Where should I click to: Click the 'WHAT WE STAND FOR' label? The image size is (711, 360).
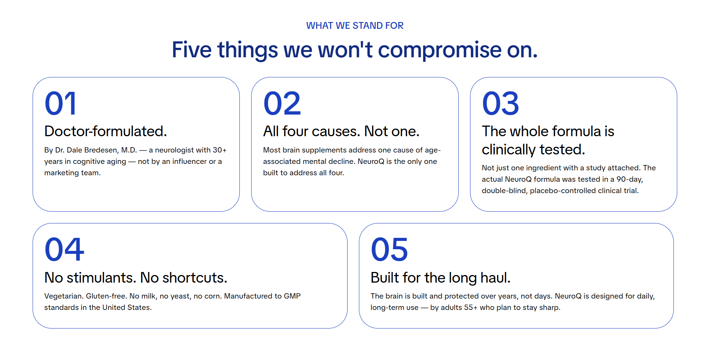click(x=355, y=25)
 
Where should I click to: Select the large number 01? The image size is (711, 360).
click(x=61, y=103)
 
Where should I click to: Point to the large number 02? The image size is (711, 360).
click(x=282, y=103)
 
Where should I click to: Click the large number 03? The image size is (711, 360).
click(x=500, y=103)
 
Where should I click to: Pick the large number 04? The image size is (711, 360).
click(x=64, y=249)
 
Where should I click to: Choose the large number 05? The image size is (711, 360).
click(x=389, y=249)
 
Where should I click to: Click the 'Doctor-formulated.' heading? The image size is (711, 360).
click(x=105, y=131)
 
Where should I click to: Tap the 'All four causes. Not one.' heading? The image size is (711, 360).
click(x=341, y=131)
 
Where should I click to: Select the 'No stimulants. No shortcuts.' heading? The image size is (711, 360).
click(x=135, y=278)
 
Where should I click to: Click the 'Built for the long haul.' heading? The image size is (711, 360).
click(x=440, y=278)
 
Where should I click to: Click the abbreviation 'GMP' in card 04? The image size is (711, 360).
click(x=292, y=296)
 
